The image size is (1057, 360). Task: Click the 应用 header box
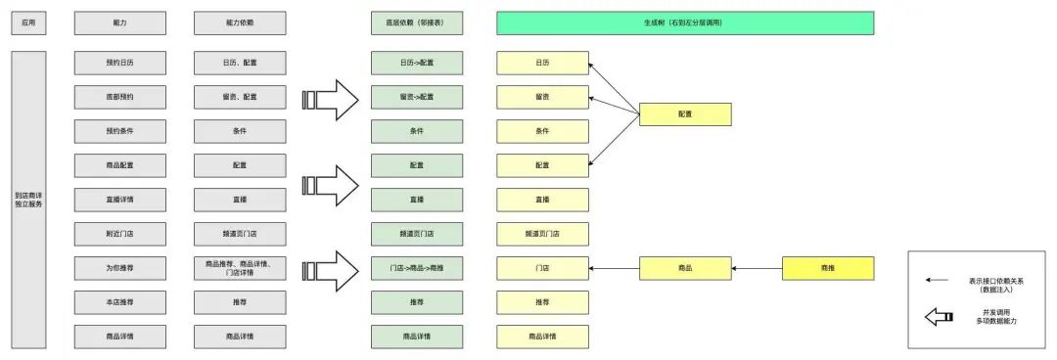[x=27, y=22]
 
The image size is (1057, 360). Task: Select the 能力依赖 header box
[x=240, y=22]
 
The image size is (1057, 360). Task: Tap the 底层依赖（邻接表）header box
[x=417, y=22]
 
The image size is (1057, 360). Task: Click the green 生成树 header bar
[x=684, y=22]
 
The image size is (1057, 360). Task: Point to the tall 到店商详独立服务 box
[x=27, y=200]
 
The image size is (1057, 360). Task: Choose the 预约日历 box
[x=120, y=63]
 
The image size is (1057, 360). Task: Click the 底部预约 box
[x=120, y=97]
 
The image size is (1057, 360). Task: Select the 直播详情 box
[x=120, y=200]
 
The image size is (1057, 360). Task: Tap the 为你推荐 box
[x=120, y=267]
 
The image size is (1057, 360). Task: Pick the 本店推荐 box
[x=120, y=302]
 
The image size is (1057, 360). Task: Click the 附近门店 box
[x=120, y=234]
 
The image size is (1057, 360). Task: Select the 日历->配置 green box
[x=417, y=63]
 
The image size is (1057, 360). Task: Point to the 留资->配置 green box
[x=417, y=97]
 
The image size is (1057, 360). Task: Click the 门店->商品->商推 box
[x=417, y=267]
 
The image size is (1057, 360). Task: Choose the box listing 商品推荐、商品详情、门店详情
[x=240, y=267]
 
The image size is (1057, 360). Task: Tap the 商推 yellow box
[x=827, y=267]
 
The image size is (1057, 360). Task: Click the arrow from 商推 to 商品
[x=757, y=267]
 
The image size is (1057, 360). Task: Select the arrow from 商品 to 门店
[x=614, y=267]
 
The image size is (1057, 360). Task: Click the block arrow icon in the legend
[x=940, y=316]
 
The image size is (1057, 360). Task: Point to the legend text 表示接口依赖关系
[x=991, y=281]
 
